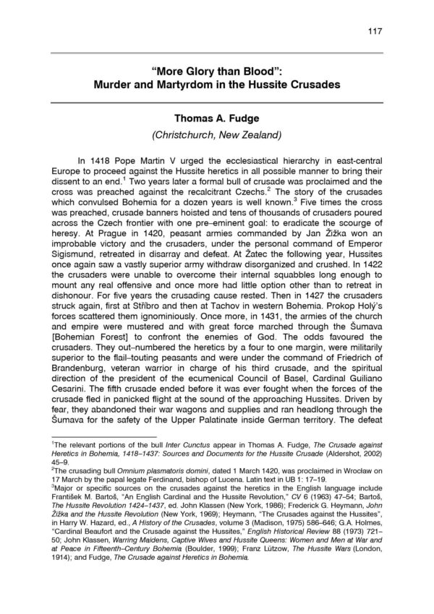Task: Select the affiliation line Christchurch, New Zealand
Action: pos(216,135)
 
